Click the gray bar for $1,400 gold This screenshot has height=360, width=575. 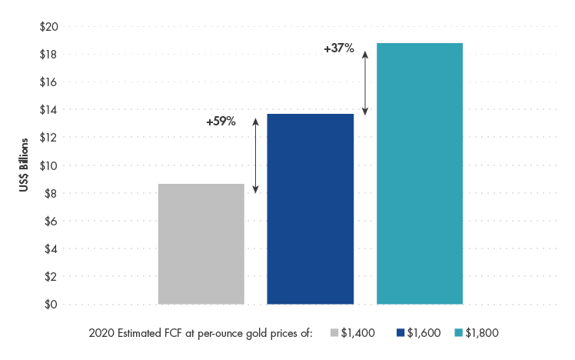(x=201, y=244)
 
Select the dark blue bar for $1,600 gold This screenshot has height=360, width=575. (x=310, y=208)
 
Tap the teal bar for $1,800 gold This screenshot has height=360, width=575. (x=419, y=173)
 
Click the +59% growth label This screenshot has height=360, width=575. (x=221, y=122)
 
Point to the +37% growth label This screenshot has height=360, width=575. (x=338, y=48)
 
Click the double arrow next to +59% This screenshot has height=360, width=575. (x=256, y=156)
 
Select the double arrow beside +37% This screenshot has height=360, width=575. (x=365, y=83)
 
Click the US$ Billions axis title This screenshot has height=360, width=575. (x=25, y=165)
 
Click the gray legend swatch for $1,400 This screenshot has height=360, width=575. (x=334, y=333)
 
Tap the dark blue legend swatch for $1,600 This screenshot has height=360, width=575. (x=401, y=333)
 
